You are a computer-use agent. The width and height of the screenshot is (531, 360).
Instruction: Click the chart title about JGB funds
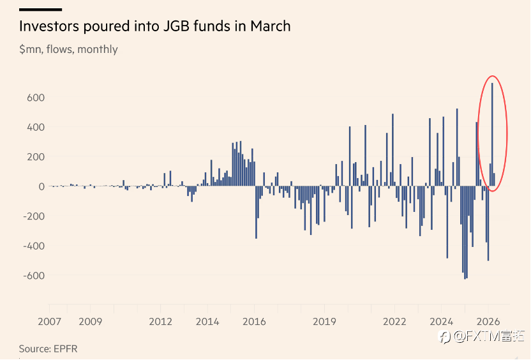pyautogui.click(x=154, y=26)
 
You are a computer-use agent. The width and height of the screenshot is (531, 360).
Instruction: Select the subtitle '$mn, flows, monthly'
pyautogui.click(x=68, y=49)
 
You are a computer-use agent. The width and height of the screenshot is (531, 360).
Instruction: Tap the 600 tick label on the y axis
pyautogui.click(x=36, y=98)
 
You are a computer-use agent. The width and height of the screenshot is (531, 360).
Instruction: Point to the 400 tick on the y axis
pyautogui.click(x=36, y=127)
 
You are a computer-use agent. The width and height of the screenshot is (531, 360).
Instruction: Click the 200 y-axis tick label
pyautogui.click(x=36, y=157)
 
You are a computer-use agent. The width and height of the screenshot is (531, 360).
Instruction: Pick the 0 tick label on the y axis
pyautogui.click(x=41, y=186)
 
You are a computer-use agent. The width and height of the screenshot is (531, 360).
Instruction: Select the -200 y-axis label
pyautogui.click(x=34, y=216)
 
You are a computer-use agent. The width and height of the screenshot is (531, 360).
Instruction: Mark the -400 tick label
pyautogui.click(x=34, y=246)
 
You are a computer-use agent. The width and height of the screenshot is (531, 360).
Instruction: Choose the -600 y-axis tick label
pyautogui.click(x=34, y=276)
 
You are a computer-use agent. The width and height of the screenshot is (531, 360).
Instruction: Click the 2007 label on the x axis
pyautogui.click(x=49, y=322)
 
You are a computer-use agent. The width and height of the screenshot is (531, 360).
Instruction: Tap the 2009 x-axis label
pyautogui.click(x=91, y=322)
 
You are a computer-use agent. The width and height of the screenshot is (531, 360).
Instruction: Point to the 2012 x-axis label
pyautogui.click(x=161, y=322)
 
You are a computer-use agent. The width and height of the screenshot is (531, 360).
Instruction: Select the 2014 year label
pyautogui.click(x=207, y=322)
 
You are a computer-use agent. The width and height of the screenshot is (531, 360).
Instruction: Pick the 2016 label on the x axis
pyautogui.click(x=254, y=322)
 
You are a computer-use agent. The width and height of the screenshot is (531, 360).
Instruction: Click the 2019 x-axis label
pyautogui.click(x=324, y=322)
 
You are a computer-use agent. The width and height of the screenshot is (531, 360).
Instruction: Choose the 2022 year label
pyautogui.click(x=394, y=322)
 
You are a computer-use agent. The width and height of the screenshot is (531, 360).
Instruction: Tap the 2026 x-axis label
pyautogui.click(x=488, y=322)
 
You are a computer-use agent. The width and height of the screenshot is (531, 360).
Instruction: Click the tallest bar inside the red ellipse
pyautogui.click(x=492, y=135)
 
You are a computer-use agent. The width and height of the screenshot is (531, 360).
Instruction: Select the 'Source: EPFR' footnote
pyautogui.click(x=48, y=349)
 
